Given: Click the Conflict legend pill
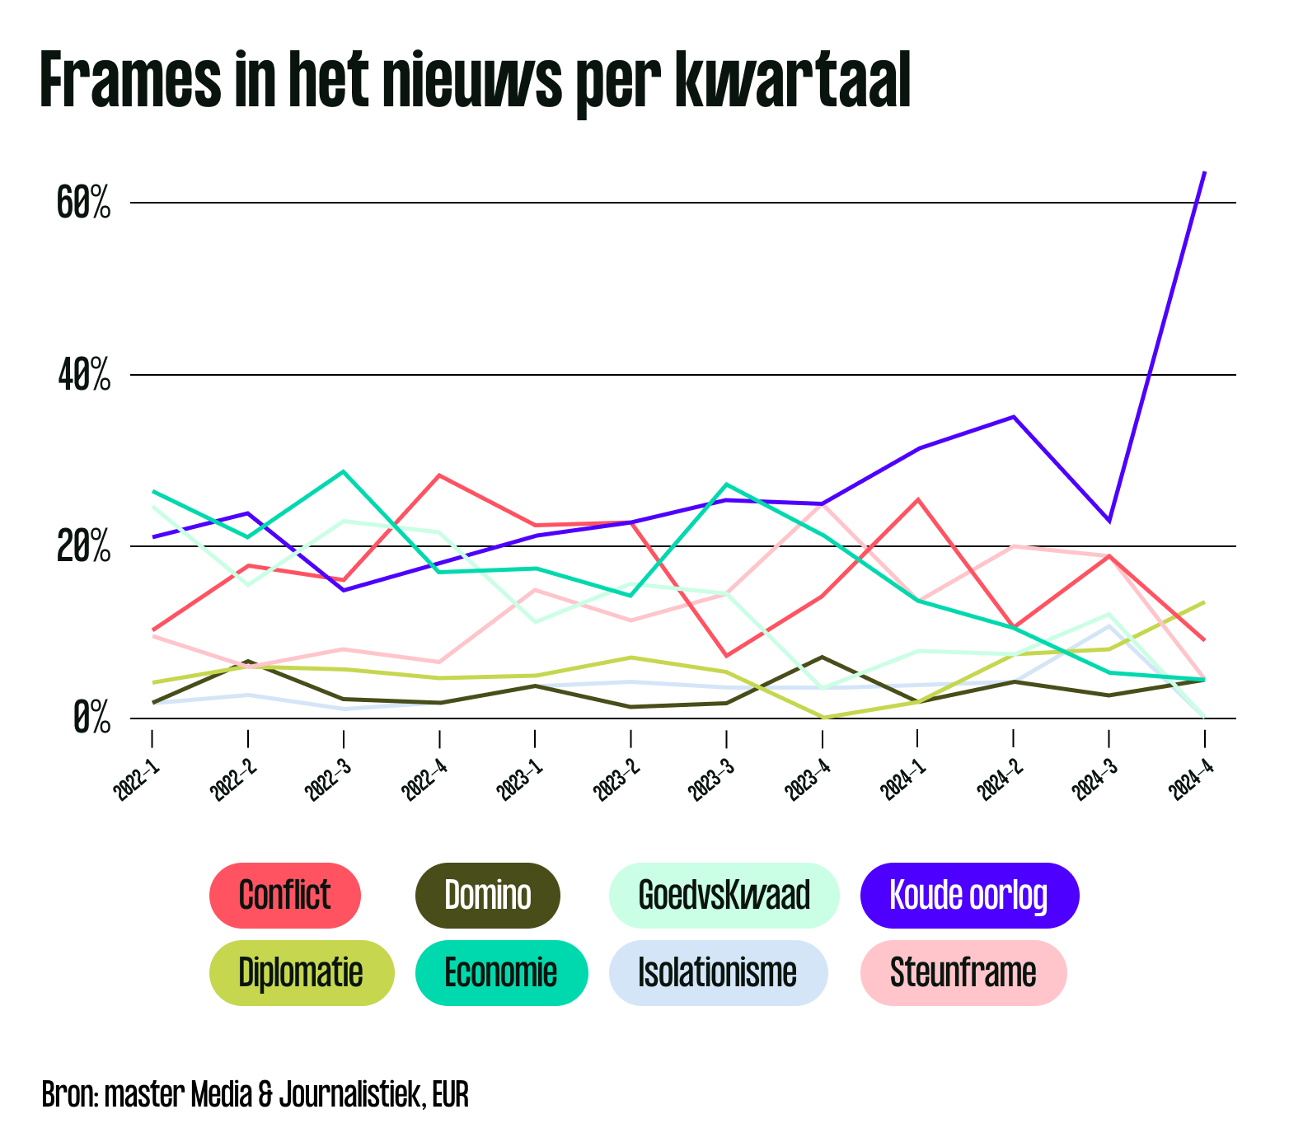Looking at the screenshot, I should coord(285,895).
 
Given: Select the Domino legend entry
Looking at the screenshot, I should coord(488,895).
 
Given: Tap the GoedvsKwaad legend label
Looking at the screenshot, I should coord(724,895).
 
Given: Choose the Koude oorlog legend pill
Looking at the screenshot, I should coord(968,895).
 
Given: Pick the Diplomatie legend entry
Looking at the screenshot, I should coord(301,972).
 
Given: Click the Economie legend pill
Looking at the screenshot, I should coord(501,972).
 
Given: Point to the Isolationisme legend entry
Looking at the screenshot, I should coord(717,972).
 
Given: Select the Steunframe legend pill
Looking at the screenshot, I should coord(963,972).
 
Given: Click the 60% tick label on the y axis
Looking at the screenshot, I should coord(84,203).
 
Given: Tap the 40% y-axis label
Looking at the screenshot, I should coord(84,376).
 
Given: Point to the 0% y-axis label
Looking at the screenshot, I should coord(91,718).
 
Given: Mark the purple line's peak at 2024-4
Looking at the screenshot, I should coord(1205,172).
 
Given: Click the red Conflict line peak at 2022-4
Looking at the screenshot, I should coord(440,475).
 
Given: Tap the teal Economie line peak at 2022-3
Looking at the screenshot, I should coord(344,471).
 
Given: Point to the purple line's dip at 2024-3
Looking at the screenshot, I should coord(1109,521).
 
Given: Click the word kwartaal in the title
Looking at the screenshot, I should coord(792,81).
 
